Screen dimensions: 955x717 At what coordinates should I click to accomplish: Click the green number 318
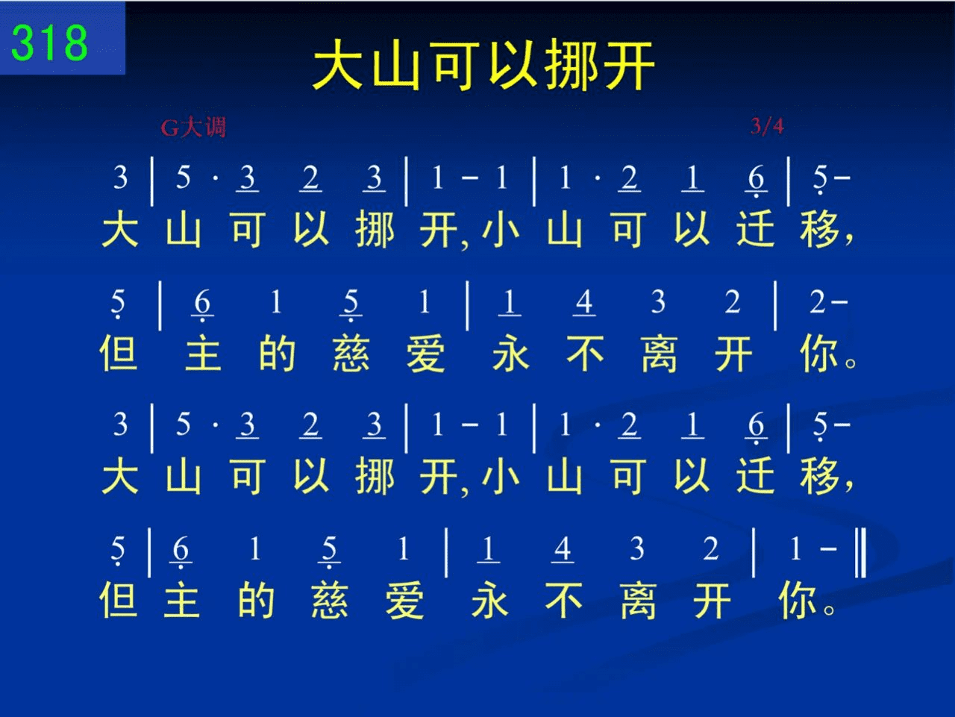point(49,43)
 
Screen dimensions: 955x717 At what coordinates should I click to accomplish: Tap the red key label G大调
point(193,128)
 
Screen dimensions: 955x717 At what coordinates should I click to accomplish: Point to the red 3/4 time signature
point(767,126)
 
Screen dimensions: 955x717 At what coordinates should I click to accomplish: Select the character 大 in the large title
point(339,65)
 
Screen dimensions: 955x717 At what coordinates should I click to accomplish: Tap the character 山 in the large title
point(397,65)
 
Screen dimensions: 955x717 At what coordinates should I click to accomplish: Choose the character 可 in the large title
point(454,65)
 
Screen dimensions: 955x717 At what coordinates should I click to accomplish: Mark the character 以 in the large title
point(513,65)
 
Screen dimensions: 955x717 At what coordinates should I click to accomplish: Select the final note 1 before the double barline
point(795,548)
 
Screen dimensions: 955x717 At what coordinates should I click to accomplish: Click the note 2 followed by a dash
point(818,301)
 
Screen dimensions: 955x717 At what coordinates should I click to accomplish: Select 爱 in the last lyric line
point(404,600)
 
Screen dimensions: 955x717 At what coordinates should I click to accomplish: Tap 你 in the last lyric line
point(798,600)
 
